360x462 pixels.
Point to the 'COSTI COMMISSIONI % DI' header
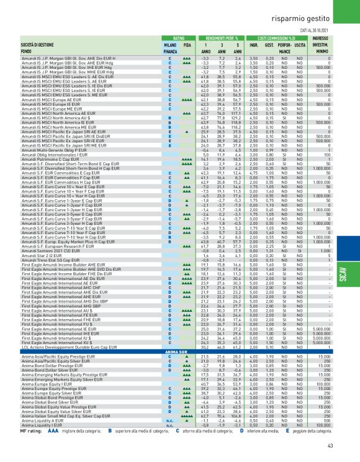(278, 38)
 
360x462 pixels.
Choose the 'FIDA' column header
(187, 45)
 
